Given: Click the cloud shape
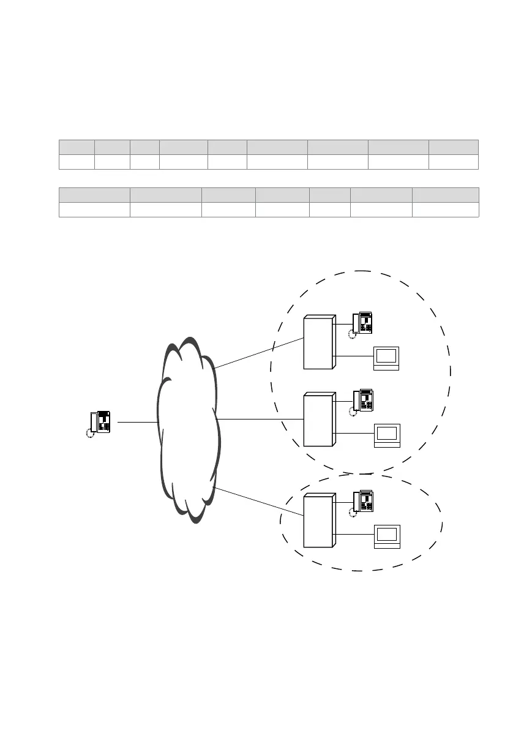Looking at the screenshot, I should click(187, 429).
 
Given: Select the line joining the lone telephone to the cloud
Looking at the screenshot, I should click(137, 422).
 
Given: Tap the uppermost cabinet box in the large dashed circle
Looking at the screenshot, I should click(319, 342).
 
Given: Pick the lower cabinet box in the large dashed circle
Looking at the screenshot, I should click(319, 420).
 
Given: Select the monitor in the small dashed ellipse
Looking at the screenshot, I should click(387, 536).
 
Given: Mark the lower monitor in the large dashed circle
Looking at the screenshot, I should click(387, 435).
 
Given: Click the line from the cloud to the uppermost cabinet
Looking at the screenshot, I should click(259, 353).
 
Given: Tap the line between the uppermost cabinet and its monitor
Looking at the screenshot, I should click(354, 356).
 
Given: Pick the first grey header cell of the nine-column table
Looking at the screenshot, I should click(77, 146).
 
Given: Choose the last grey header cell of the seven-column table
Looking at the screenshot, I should click(445, 195).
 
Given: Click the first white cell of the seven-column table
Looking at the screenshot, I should click(94, 209).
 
